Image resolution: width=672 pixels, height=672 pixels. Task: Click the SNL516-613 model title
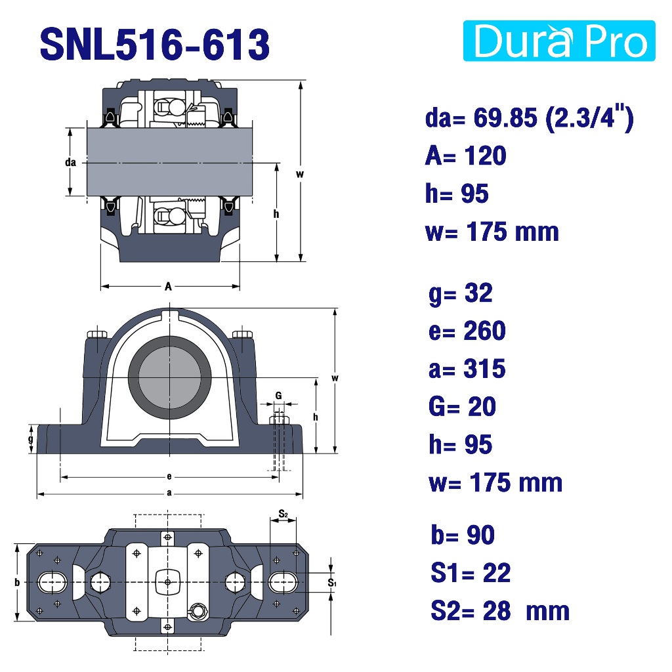click(x=155, y=44)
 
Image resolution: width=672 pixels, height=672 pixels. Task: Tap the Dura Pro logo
click(x=559, y=41)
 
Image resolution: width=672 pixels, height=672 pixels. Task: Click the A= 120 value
click(x=465, y=155)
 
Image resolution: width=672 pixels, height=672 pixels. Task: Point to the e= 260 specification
click(x=467, y=331)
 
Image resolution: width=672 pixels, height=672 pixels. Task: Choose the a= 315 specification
click(x=467, y=369)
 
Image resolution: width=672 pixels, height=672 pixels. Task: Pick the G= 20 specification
click(x=462, y=406)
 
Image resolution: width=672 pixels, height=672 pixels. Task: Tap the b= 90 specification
click(x=463, y=535)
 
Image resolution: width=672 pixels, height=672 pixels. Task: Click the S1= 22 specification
click(x=471, y=572)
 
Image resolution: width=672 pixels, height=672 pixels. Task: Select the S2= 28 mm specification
click(x=500, y=611)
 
